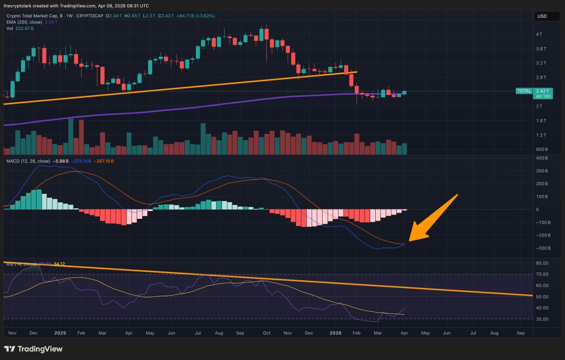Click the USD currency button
click(542, 17)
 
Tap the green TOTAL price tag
click(523, 91)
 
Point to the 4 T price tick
click(539, 34)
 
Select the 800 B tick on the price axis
click(541, 150)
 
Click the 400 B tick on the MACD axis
click(541, 159)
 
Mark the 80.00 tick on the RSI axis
click(542, 263)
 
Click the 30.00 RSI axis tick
click(542, 319)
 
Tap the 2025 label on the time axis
click(60, 334)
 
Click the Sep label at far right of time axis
click(520, 334)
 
